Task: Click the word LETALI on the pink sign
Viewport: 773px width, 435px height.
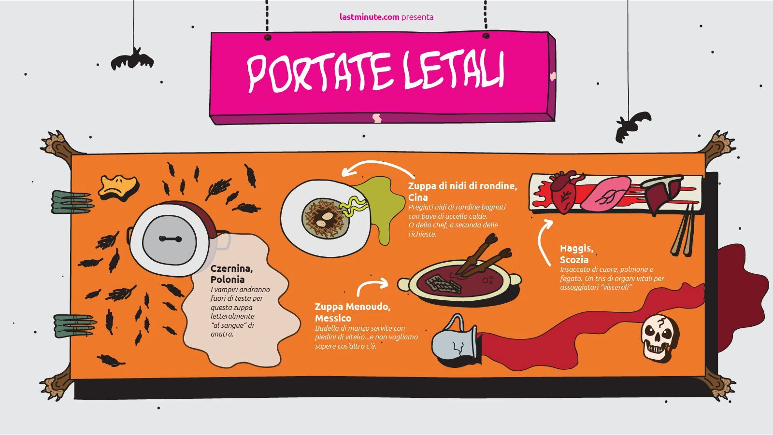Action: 454,71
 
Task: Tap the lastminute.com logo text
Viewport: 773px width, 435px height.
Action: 369,17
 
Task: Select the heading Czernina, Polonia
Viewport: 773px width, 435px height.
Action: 231,274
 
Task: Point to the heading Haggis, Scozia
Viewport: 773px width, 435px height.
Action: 576,253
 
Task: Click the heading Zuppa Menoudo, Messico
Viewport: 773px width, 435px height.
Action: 353,312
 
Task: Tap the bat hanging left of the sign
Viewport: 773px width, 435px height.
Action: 132,60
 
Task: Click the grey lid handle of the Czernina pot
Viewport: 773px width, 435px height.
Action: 170,239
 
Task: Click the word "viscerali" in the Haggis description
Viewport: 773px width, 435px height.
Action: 614,287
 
